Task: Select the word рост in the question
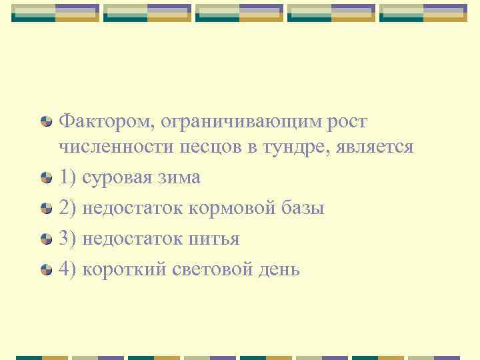[347, 122]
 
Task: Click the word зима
[181, 178]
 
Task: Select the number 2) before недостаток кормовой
[68, 209]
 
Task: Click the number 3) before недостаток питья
[68, 239]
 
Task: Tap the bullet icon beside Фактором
[46, 122]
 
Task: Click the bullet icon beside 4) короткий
[46, 269]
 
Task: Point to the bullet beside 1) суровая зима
[46, 178]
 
